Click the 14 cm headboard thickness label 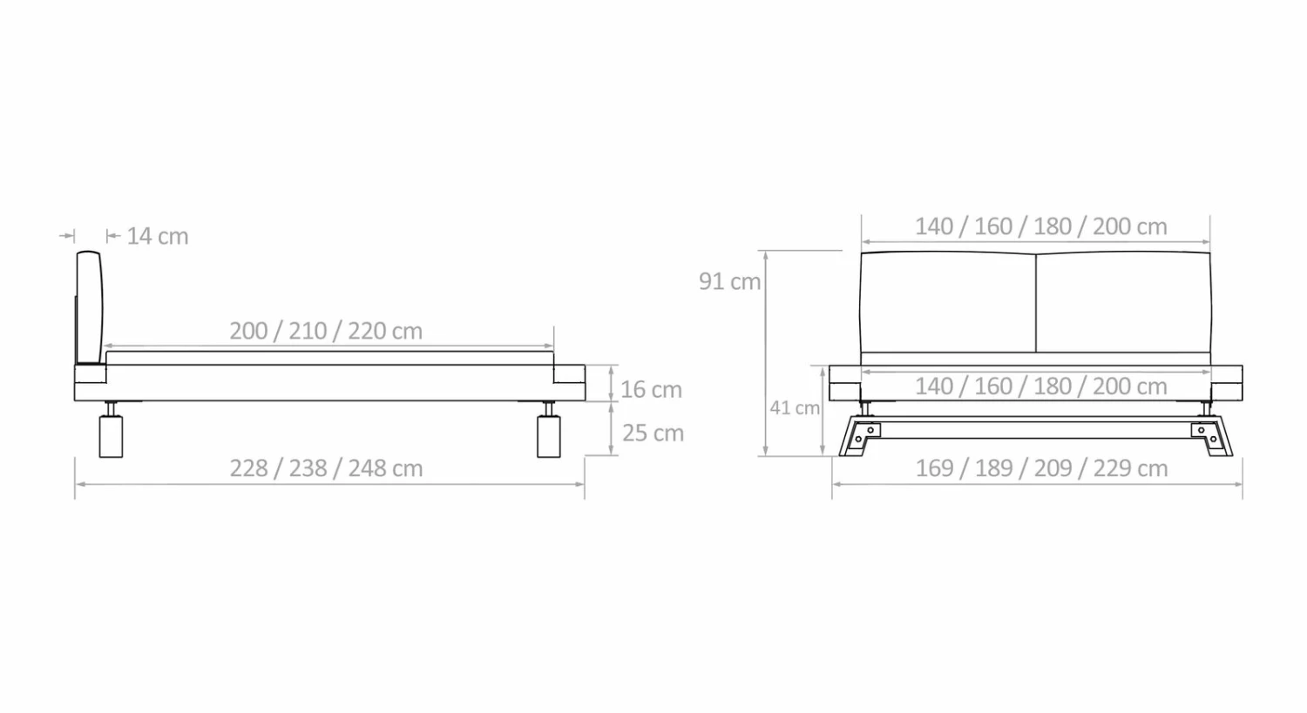(x=158, y=236)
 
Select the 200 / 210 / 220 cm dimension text (x=326, y=331)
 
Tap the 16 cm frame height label (x=651, y=389)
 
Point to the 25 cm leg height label (x=653, y=434)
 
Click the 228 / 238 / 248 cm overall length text (x=326, y=468)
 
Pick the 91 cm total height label (x=730, y=281)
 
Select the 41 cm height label (x=795, y=408)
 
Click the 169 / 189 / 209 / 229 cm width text (x=1041, y=468)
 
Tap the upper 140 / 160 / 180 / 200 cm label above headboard (x=1041, y=226)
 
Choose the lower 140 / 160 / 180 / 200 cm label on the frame (x=1041, y=386)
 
